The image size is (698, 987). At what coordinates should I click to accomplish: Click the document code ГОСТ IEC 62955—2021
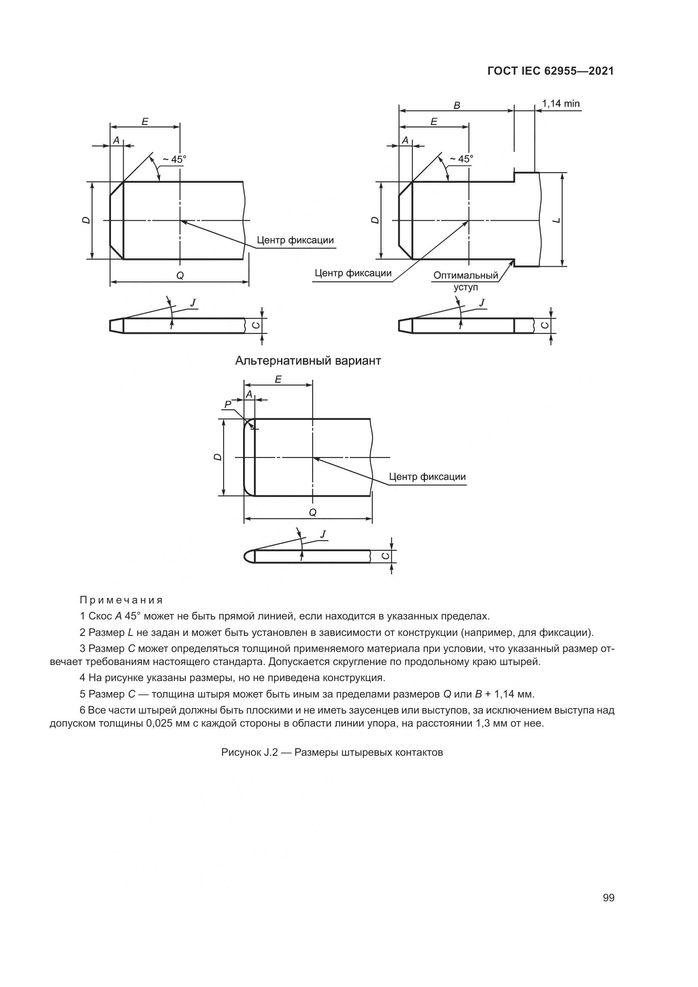tap(551, 71)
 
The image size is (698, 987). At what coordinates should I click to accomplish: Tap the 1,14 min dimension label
tap(560, 104)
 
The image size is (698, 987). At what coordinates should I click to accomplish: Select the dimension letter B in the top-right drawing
tap(457, 105)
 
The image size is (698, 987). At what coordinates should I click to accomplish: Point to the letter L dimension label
tap(557, 221)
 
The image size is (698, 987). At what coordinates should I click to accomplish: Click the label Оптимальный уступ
tap(466, 281)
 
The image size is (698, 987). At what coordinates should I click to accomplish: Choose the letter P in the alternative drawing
tap(228, 404)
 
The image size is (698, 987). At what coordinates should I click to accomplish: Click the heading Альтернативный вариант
tap(308, 361)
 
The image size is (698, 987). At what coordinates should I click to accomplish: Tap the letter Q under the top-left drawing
tap(180, 276)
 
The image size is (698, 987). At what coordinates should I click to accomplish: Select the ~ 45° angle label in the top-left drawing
tap(173, 160)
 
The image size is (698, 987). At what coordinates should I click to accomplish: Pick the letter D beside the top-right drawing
tap(376, 220)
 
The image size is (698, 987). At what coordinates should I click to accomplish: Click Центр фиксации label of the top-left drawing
tap(295, 240)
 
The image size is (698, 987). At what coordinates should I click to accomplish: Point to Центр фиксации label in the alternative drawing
tap(427, 477)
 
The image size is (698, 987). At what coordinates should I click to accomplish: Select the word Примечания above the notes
tap(122, 600)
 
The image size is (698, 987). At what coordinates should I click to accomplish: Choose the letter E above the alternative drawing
tap(278, 379)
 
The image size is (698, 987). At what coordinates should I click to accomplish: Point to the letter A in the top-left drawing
tap(116, 140)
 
